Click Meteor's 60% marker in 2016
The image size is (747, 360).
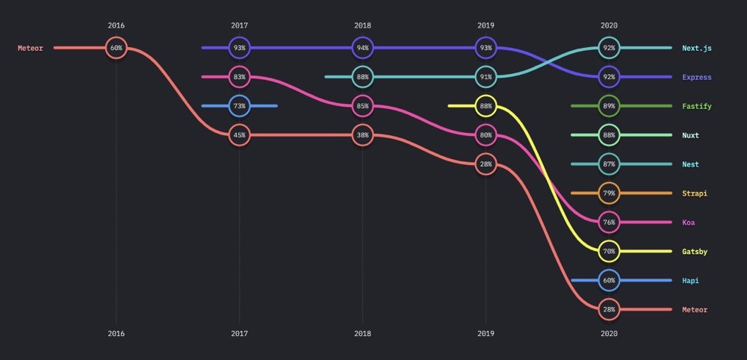pos(116,48)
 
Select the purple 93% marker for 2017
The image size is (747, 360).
pos(239,48)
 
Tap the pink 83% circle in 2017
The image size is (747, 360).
pos(239,77)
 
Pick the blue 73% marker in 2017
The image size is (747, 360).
pos(239,106)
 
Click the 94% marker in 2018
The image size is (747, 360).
pos(362,48)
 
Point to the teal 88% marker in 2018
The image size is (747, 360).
pos(362,77)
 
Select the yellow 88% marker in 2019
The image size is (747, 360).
pos(486,106)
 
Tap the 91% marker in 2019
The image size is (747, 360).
pos(486,77)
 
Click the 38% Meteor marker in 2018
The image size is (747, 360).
pos(362,135)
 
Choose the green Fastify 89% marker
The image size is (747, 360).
pos(609,106)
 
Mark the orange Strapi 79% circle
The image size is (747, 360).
pos(609,193)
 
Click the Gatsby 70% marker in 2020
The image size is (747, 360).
pos(609,252)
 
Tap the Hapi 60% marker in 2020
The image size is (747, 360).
pos(609,281)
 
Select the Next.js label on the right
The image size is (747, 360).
pos(696,48)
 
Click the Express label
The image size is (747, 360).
pos(696,77)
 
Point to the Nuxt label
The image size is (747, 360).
pos(690,135)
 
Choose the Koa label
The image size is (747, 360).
pos(688,223)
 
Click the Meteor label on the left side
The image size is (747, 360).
pos(31,49)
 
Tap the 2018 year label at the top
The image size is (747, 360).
pos(362,25)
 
